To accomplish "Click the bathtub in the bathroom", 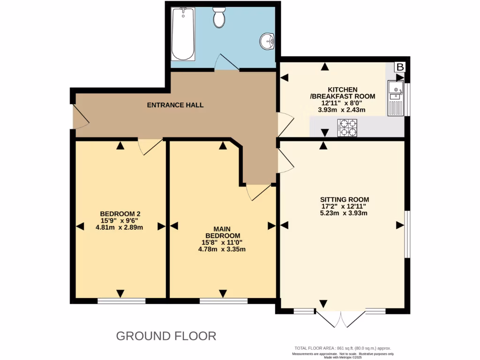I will pos(183,34).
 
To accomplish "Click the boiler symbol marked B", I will pos(400,67).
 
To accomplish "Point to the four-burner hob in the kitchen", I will pos(347,127).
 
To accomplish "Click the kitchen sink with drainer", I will pos(395,98).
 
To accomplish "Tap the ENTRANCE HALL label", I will pos(175,105).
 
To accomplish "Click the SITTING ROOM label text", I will pos(342,199).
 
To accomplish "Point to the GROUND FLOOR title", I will pos(166,336).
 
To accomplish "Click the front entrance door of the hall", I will pos(80,117).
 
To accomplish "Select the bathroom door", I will pos(227,63).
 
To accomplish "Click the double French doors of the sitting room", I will pos(341,319).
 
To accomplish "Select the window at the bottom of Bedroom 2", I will pos(120,301).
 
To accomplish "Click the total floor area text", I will pos(342,348).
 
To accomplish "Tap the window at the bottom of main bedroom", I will pos(224,301).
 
